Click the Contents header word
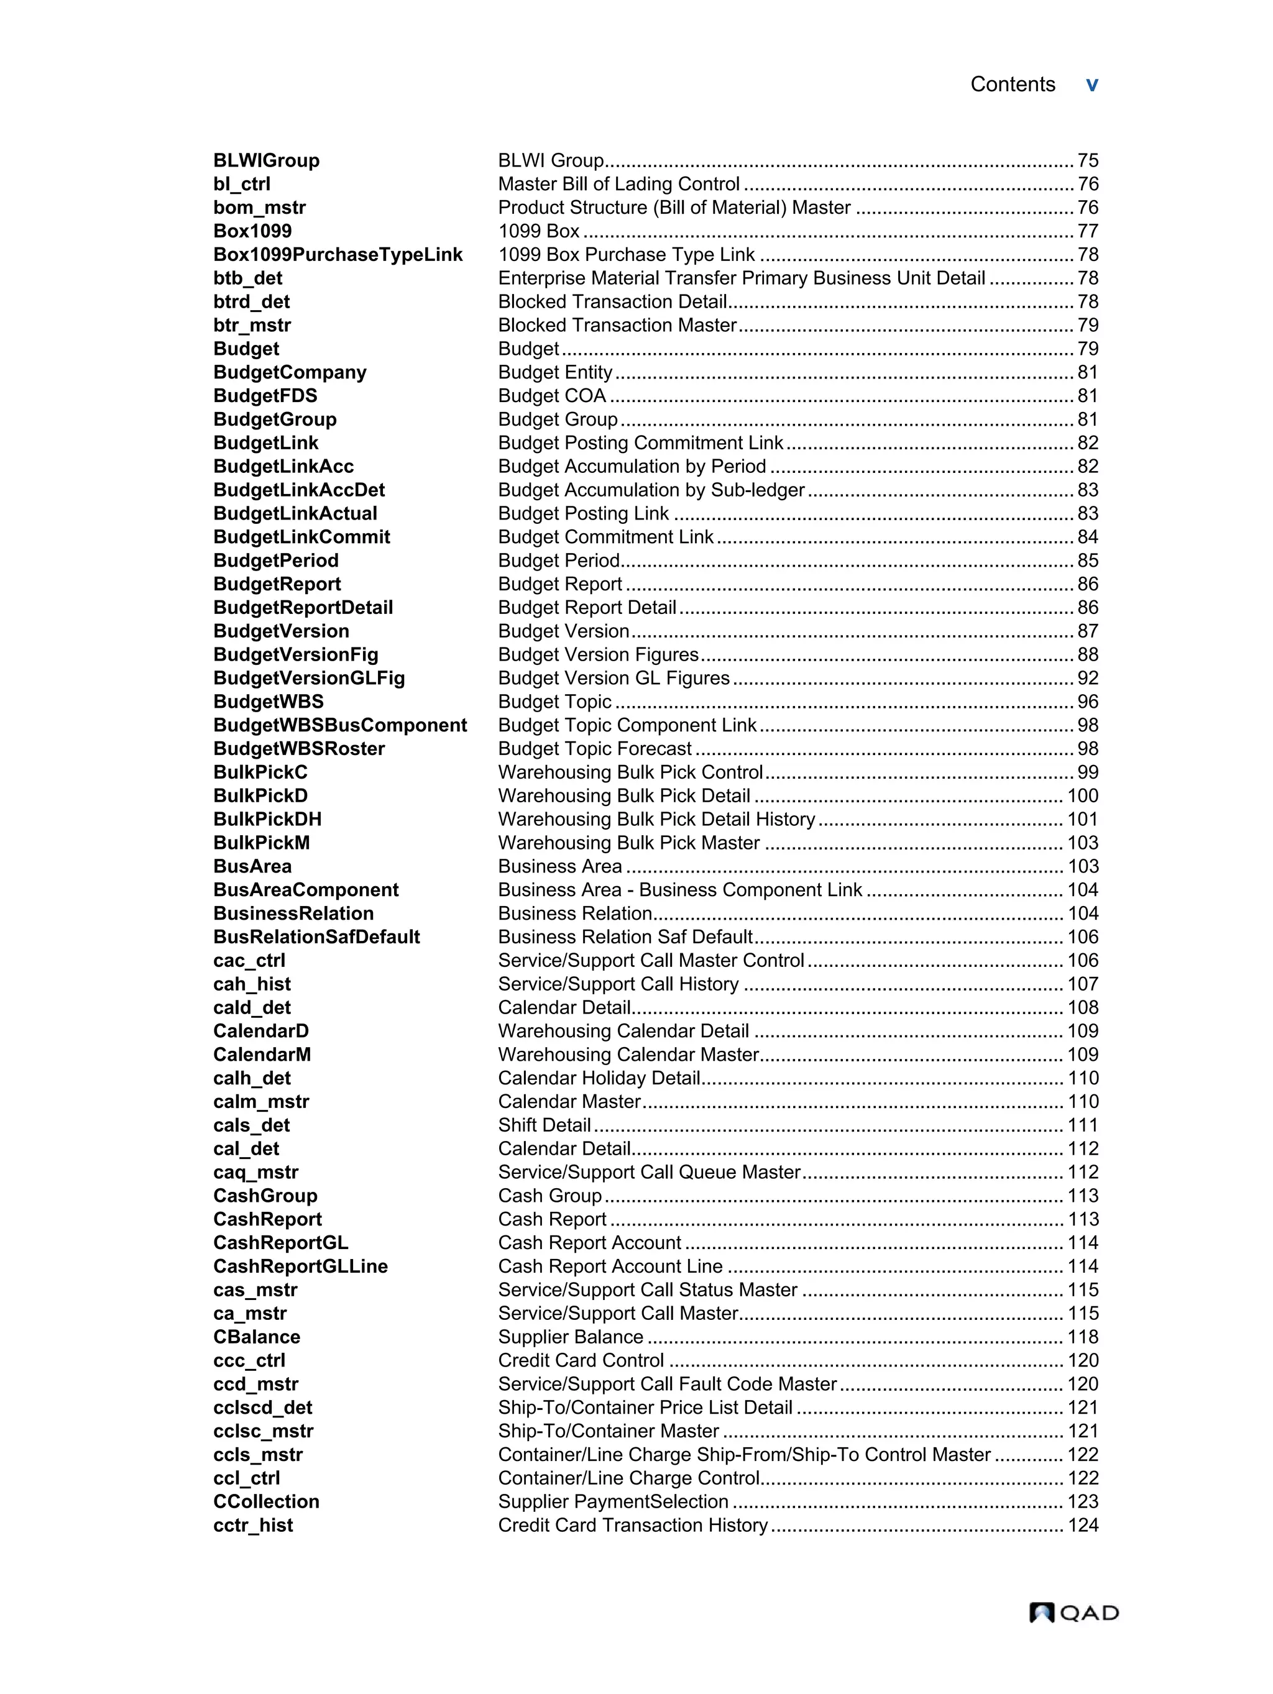[1012, 85]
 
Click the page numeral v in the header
[1091, 85]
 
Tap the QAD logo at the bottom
[1073, 1612]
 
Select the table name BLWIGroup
[266, 161]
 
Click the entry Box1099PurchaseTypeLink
[338, 255]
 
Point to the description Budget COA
[551, 396]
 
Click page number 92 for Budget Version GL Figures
[1087, 679]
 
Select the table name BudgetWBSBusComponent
[340, 725]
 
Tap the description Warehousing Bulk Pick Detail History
[656, 820]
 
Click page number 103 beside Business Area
[1082, 866]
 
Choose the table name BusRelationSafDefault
[316, 937]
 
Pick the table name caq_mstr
[255, 1173]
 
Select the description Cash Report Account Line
[610, 1266]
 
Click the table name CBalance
[257, 1337]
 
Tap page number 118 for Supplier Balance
[1082, 1337]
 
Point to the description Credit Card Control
[581, 1361]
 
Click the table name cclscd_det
[262, 1408]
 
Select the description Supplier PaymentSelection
[613, 1502]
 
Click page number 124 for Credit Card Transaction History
[1082, 1526]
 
